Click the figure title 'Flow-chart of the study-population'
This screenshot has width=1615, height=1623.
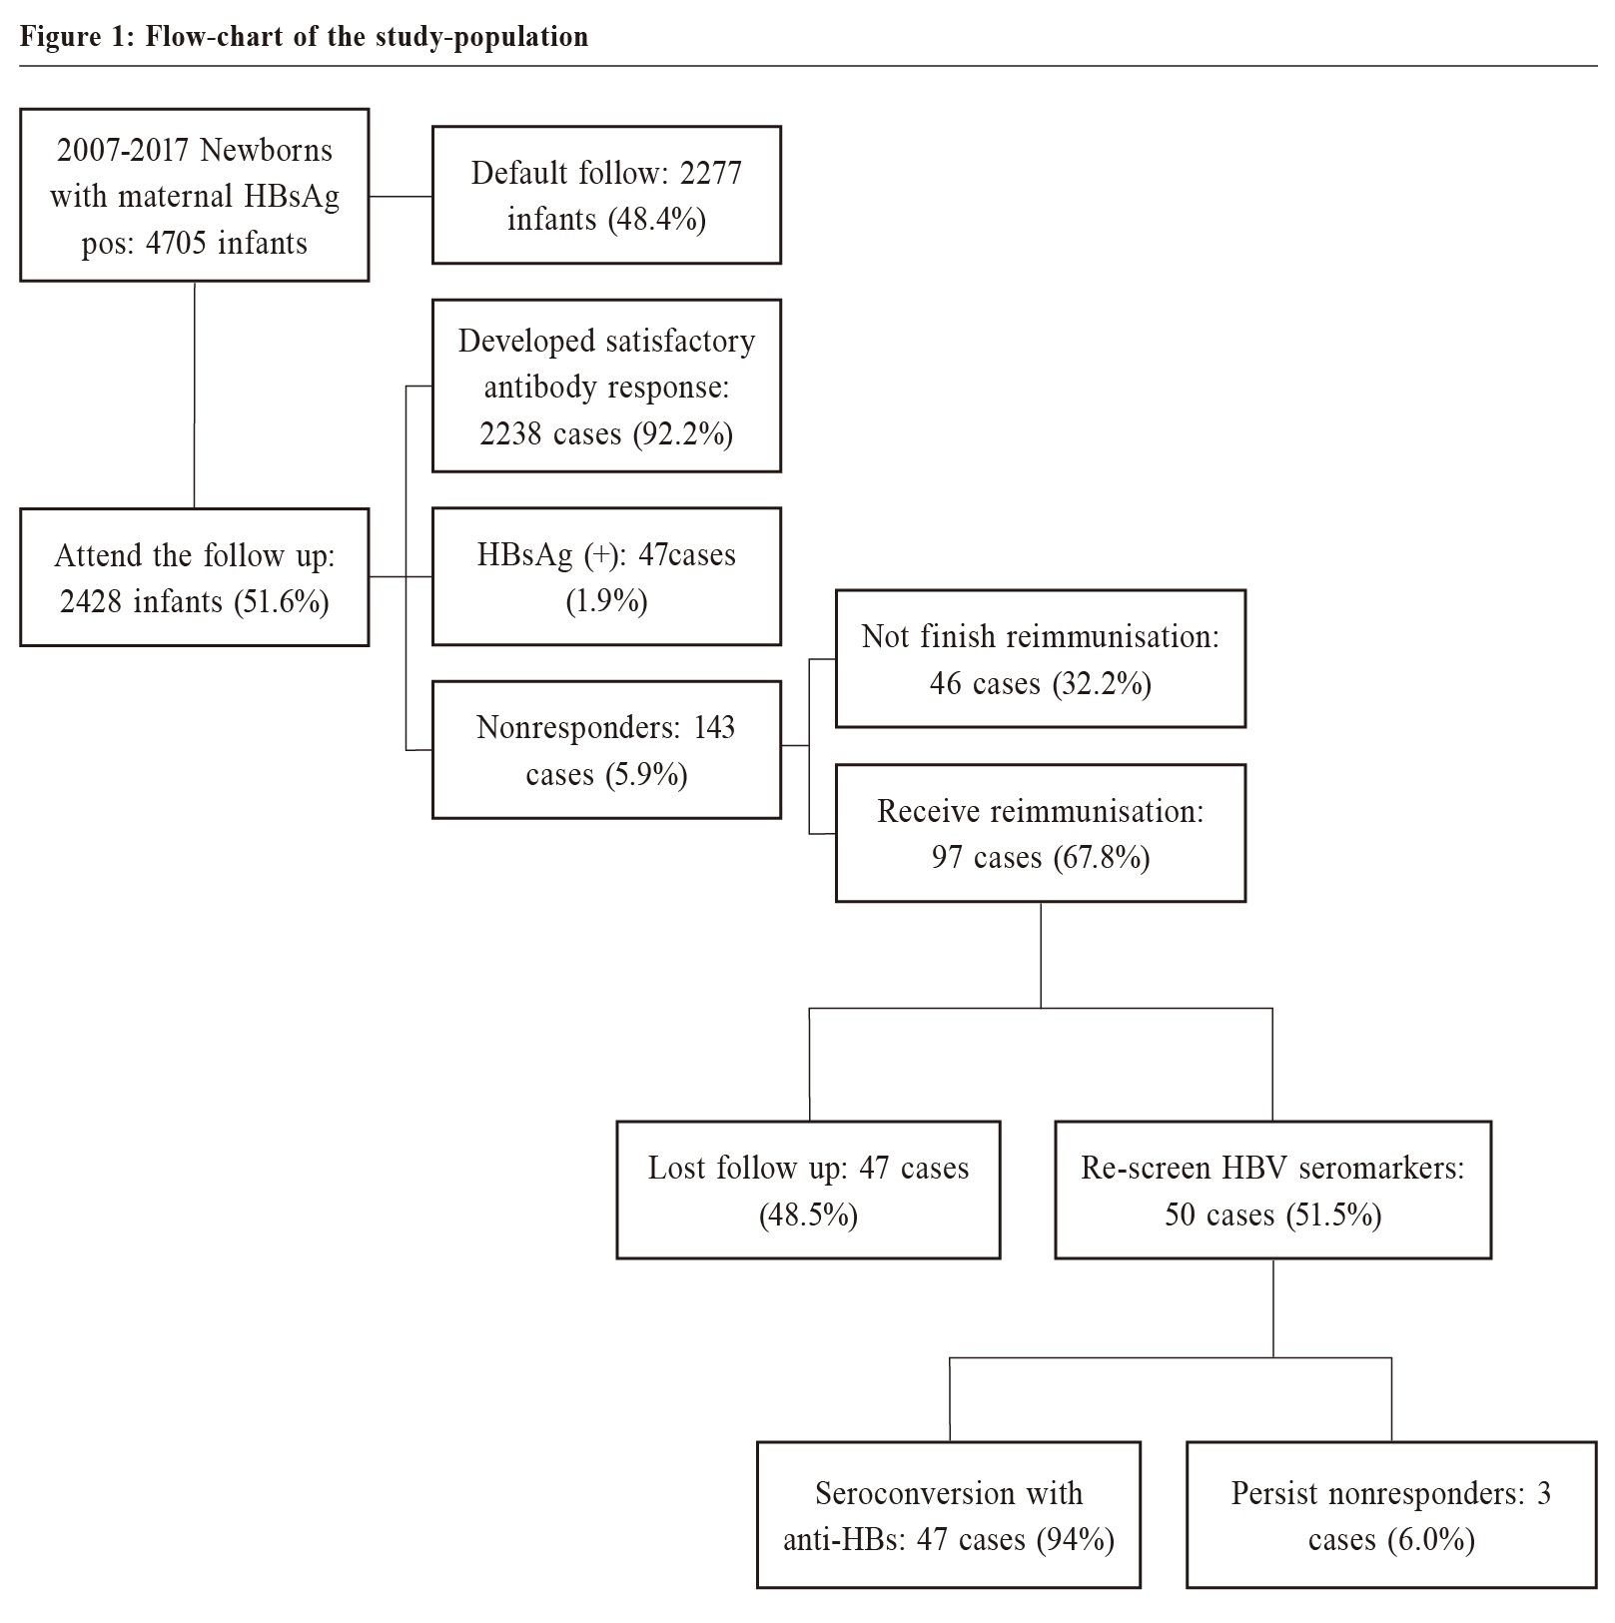click(x=367, y=37)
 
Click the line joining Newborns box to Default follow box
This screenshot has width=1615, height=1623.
click(x=401, y=197)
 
